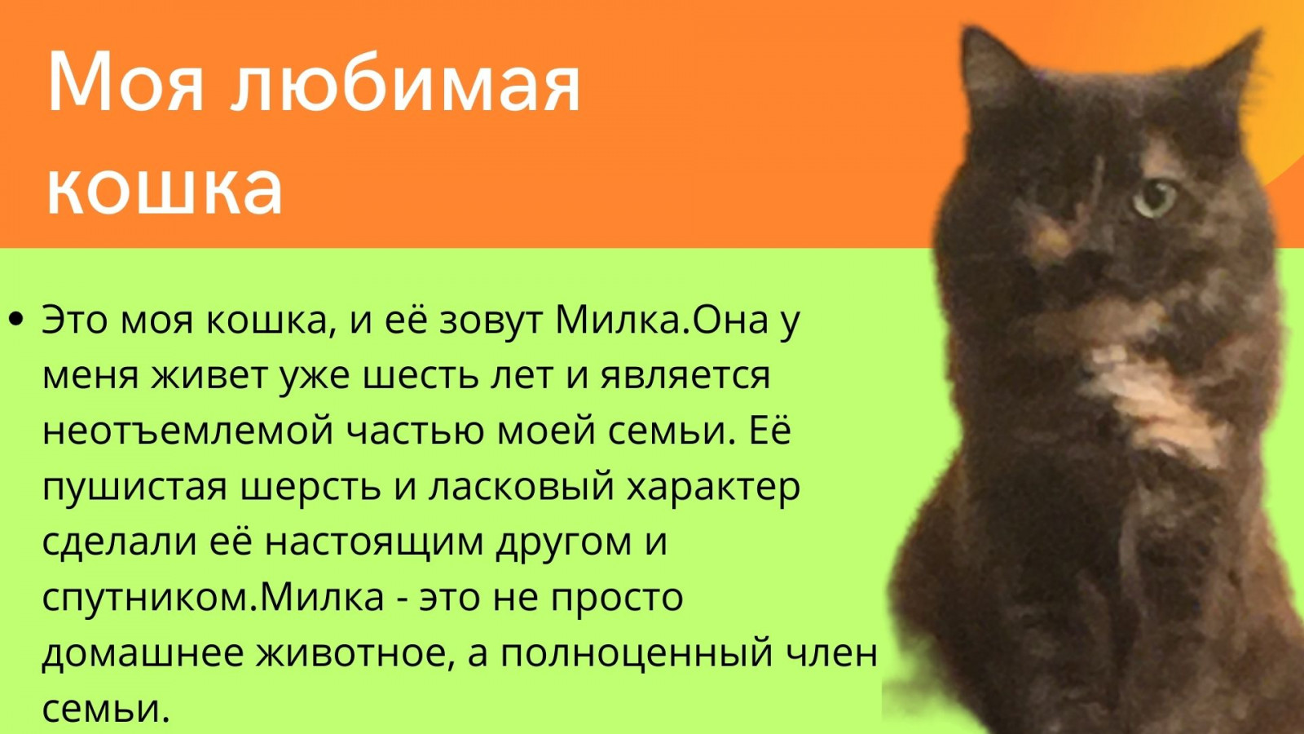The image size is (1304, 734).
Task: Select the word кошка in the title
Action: pyautogui.click(x=165, y=188)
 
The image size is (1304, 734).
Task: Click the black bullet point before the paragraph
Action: pyautogui.click(x=16, y=319)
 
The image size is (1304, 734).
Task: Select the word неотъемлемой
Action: pyautogui.click(x=188, y=431)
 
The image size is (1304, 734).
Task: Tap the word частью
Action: pyautogui.click(x=416, y=432)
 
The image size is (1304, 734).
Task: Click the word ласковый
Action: pyautogui.click(x=521, y=487)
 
